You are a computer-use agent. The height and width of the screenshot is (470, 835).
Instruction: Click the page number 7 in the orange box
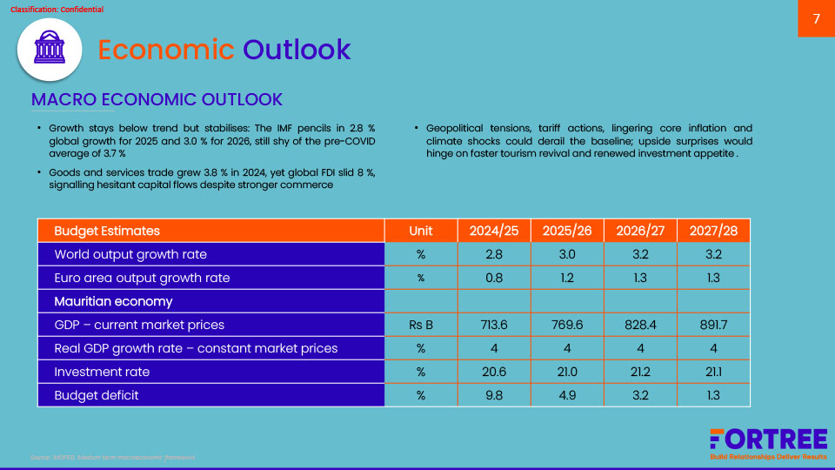816,19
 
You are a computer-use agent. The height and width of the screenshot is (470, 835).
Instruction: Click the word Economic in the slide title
165,50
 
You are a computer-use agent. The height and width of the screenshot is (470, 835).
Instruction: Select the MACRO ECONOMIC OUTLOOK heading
157,99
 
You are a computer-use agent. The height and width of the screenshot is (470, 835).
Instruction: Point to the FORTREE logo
768,440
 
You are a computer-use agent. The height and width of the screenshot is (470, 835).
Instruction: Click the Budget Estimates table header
107,231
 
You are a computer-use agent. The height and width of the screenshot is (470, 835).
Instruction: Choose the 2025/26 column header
567,231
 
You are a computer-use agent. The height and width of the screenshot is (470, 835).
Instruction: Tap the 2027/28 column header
713,231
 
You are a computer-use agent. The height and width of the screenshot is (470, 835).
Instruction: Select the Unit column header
421,231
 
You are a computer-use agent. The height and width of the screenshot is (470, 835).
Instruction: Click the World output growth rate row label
130,254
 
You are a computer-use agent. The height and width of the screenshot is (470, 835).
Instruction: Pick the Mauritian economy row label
113,301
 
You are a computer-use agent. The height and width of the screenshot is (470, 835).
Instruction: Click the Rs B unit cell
421,325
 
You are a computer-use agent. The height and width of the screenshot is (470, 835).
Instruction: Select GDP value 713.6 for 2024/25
494,325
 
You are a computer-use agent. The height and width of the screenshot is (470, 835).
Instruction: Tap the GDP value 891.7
713,325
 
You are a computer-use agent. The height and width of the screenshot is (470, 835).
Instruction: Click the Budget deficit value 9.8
494,395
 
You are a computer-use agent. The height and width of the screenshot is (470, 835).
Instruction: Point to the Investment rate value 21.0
567,372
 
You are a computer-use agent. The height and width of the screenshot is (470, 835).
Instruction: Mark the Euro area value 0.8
494,278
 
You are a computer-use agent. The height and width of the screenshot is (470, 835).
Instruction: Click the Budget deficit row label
97,395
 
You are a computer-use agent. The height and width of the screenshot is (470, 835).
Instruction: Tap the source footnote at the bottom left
113,457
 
